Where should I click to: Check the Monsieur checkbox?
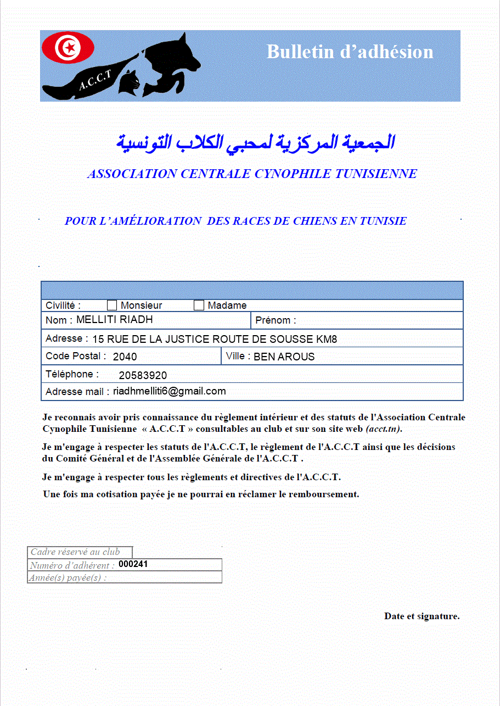[x=112, y=305]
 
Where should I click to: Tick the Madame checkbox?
[x=199, y=305]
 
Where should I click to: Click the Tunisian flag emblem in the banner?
[x=69, y=48]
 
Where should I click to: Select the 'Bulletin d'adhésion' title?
[x=350, y=52]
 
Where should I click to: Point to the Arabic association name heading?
[x=255, y=142]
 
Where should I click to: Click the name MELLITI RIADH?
[x=114, y=319]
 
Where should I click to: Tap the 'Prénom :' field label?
[x=276, y=320]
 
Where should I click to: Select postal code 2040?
[x=125, y=357]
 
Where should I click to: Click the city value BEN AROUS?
[x=284, y=357]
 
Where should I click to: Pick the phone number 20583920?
[x=143, y=375]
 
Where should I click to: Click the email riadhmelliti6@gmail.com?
[x=169, y=391]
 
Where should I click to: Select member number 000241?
[x=133, y=564]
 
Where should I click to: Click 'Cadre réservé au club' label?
[x=75, y=552]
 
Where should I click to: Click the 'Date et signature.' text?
[x=422, y=616]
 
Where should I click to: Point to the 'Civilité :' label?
[x=63, y=305]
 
